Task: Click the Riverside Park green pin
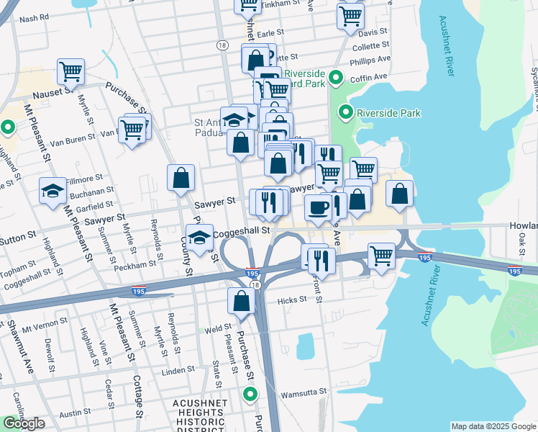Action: pos(346,113)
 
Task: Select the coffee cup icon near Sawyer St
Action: pos(318,207)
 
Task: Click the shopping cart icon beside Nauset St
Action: pos(71,71)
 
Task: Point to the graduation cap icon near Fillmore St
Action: pos(53,190)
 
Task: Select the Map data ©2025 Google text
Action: pos(493,426)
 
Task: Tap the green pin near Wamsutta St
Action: pos(250,394)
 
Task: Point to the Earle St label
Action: pos(271,34)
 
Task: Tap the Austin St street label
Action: pos(75,414)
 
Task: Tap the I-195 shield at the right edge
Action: pos(515,271)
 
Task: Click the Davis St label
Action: pos(373,33)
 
